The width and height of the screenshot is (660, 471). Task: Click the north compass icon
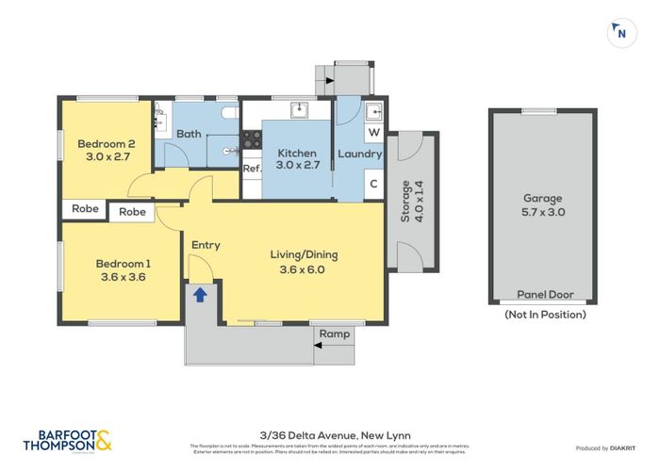(619, 33)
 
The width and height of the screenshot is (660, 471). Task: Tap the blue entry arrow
(200, 294)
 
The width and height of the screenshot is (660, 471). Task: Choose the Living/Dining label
(303, 261)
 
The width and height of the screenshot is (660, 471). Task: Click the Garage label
(542, 205)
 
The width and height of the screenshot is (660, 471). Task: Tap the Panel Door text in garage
(542, 294)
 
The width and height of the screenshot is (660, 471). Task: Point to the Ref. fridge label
(251, 169)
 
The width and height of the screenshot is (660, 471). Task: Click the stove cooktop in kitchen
(252, 138)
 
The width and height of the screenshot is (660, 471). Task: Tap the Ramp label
(335, 333)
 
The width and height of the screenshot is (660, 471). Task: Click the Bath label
(189, 133)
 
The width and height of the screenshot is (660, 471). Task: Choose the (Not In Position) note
(544, 314)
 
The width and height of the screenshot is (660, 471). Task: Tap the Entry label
(206, 245)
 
